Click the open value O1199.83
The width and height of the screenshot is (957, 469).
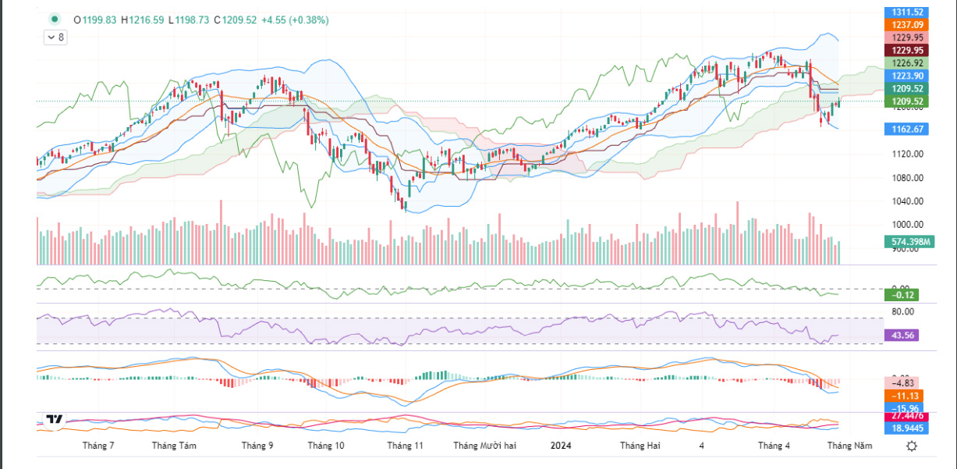pos(95,20)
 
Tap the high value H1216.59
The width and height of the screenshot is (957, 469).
pos(143,20)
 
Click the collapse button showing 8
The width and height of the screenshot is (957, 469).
pos(55,37)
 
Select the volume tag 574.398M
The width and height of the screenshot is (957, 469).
pos(909,243)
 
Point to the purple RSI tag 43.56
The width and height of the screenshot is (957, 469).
pos(902,336)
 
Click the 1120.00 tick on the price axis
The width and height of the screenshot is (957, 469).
pos(902,155)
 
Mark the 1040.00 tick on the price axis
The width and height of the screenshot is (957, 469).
pos(902,201)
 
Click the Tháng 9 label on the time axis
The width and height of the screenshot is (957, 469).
pos(257,446)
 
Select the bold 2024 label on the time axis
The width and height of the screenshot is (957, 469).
pos(561,446)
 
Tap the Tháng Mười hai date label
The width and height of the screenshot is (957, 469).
pos(485,446)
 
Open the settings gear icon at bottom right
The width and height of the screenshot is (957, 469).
pos(912,446)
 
